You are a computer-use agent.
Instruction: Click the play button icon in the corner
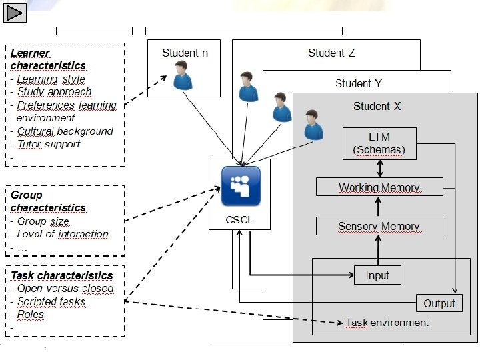click(x=14, y=11)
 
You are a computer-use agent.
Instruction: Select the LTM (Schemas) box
click(x=379, y=143)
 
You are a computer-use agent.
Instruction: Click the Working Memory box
click(x=379, y=187)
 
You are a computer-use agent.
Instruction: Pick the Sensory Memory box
click(x=379, y=226)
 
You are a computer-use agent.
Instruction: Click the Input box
click(x=377, y=274)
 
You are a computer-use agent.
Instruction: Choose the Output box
click(x=439, y=303)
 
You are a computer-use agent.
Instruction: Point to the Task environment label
click(x=387, y=323)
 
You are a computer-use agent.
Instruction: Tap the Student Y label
click(x=358, y=83)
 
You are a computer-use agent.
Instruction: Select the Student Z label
click(x=331, y=53)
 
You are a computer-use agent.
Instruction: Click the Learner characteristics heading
click(x=48, y=59)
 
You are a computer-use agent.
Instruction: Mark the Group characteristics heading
click(x=48, y=201)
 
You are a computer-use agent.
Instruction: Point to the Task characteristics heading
click(x=61, y=275)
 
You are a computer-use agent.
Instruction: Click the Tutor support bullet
click(x=49, y=144)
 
